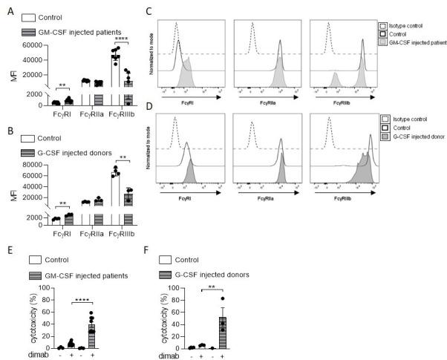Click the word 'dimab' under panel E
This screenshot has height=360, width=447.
(27, 356)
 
